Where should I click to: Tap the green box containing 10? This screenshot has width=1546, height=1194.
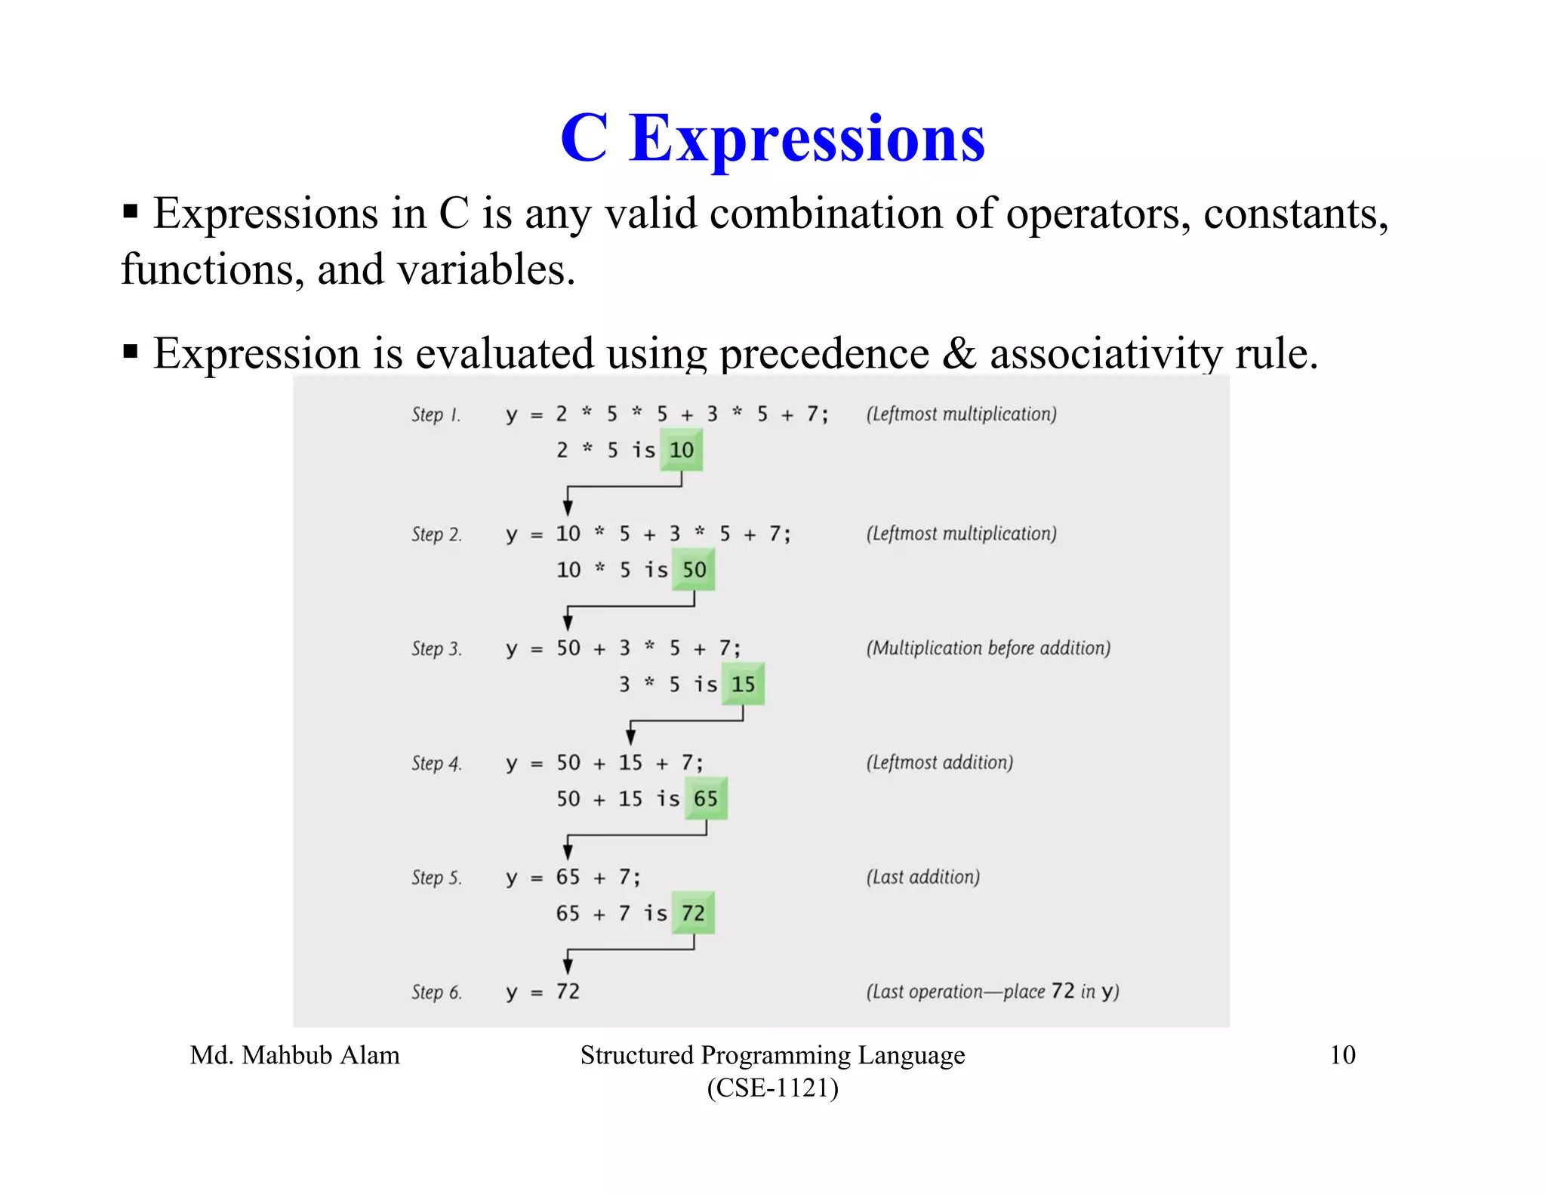pyautogui.click(x=681, y=450)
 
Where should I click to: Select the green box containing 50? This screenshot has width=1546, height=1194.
pyautogui.click(x=694, y=570)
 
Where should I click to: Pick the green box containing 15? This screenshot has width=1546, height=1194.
pyautogui.click(x=743, y=685)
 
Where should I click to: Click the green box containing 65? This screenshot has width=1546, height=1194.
pyautogui.click(x=706, y=799)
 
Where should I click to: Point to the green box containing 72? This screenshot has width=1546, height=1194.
pyautogui.click(x=693, y=913)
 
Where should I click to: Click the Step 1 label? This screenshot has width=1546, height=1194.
pyautogui.click(x=436, y=414)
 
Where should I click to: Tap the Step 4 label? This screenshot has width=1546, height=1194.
pyautogui.click(x=436, y=763)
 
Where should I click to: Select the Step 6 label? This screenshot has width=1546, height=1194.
pyautogui.click(x=436, y=992)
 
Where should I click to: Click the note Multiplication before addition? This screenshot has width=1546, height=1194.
pyautogui.click(x=988, y=648)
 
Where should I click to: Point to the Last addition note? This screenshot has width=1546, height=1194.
pyautogui.click(x=922, y=877)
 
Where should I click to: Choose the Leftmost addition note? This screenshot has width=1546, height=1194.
pyautogui.click(x=939, y=762)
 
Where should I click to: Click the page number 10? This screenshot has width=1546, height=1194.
pyautogui.click(x=1342, y=1054)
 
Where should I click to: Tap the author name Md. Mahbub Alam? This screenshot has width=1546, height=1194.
pyautogui.click(x=294, y=1054)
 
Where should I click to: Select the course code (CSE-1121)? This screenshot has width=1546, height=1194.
pyautogui.click(x=772, y=1088)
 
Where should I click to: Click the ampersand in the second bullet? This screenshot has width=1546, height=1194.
pyautogui.click(x=959, y=352)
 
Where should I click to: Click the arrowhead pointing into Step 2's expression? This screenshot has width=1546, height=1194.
pyautogui.click(x=568, y=507)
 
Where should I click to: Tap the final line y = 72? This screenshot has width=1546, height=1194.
pyautogui.click(x=543, y=992)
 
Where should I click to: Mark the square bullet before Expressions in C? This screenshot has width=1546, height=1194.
pyautogui.click(x=131, y=211)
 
